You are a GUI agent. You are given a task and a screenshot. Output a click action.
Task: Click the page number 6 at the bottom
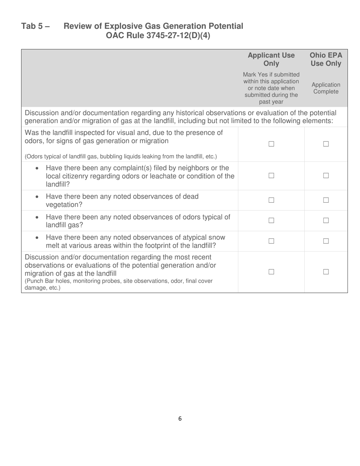(x=180, y=419)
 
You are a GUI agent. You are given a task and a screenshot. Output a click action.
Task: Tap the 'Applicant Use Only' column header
(x=271, y=59)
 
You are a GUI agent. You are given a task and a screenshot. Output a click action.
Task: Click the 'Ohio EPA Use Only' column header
(x=326, y=59)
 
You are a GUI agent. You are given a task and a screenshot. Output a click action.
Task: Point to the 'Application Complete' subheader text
(x=326, y=88)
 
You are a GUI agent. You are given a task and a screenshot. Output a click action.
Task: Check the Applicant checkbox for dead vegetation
(x=271, y=200)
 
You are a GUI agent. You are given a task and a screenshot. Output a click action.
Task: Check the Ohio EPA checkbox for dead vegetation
(x=326, y=200)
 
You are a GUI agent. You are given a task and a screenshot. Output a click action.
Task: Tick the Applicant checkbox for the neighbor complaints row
(x=271, y=176)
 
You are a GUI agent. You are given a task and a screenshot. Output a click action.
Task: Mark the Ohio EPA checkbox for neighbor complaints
(x=326, y=176)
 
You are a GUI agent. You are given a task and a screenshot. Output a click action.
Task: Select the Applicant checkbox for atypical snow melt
(x=271, y=241)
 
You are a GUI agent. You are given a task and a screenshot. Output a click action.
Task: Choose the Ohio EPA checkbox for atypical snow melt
(x=326, y=241)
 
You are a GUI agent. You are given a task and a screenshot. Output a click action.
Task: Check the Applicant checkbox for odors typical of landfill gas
(x=271, y=220)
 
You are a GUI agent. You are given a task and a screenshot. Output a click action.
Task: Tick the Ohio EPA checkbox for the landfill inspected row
(x=326, y=144)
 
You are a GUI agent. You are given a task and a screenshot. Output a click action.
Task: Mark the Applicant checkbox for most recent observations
(x=271, y=272)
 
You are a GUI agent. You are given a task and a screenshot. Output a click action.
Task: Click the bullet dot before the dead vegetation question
(x=37, y=197)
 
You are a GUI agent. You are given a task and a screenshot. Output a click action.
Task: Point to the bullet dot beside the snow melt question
(x=37, y=238)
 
